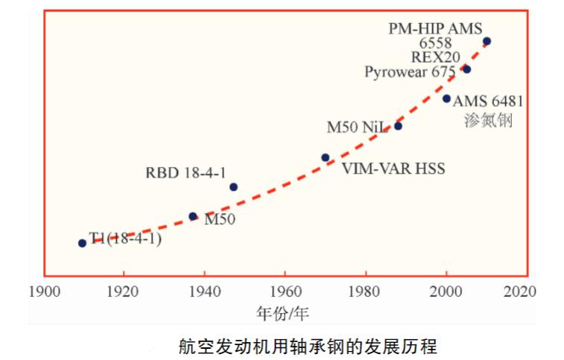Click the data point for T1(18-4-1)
(82, 243)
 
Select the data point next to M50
(192, 216)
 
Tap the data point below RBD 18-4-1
(233, 187)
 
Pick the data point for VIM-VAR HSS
(325, 157)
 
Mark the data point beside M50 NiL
(398, 126)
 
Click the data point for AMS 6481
(446, 98)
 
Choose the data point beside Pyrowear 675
(466, 69)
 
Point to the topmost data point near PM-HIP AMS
(487, 42)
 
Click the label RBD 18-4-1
(186, 173)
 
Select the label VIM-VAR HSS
(393, 169)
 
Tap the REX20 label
(436, 57)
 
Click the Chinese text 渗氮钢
(488, 120)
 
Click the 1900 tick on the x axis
(42, 291)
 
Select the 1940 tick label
(203, 291)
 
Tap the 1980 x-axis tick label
(364, 291)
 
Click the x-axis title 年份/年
(282, 312)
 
